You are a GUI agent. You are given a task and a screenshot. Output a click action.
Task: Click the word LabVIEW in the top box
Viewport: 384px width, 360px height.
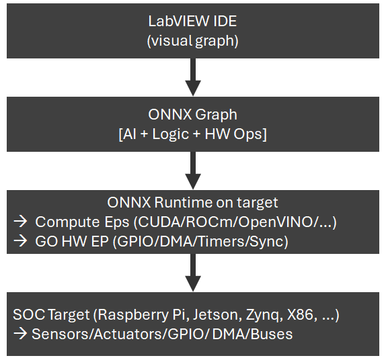[x=179, y=21]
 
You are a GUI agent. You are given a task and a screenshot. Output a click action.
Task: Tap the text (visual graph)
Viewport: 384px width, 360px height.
[x=193, y=40]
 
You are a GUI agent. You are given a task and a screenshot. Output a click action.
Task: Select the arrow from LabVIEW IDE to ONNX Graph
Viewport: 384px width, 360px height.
[x=193, y=77]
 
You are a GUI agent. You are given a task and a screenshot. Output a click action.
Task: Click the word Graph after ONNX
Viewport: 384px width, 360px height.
[x=217, y=114]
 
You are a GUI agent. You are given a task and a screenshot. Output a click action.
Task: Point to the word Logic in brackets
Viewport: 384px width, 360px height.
[x=171, y=134]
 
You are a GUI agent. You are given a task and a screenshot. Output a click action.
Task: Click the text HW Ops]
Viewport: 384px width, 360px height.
[x=236, y=134]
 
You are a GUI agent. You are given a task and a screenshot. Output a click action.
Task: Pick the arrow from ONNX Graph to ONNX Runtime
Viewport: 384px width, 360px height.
[x=193, y=171]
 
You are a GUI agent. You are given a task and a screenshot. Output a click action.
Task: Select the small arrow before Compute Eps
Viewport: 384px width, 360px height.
[x=20, y=222]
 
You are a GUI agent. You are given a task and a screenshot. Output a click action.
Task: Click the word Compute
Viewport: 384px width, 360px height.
[x=67, y=222]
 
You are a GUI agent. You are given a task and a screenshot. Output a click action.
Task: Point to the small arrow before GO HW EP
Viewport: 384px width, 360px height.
[x=20, y=241]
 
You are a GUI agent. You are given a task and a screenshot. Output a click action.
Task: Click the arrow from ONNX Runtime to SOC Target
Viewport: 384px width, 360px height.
[x=193, y=273]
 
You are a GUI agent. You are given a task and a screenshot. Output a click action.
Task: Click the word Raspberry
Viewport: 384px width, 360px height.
[x=133, y=315]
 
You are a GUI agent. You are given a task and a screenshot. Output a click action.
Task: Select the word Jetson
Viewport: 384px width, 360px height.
[x=216, y=314]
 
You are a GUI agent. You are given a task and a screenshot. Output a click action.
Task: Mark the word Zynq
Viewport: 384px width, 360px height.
[x=263, y=315]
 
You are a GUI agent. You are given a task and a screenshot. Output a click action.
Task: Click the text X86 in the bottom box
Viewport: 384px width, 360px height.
[x=301, y=314]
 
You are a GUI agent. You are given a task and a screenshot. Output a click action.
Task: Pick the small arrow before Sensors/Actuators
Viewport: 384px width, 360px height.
[x=20, y=334]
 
